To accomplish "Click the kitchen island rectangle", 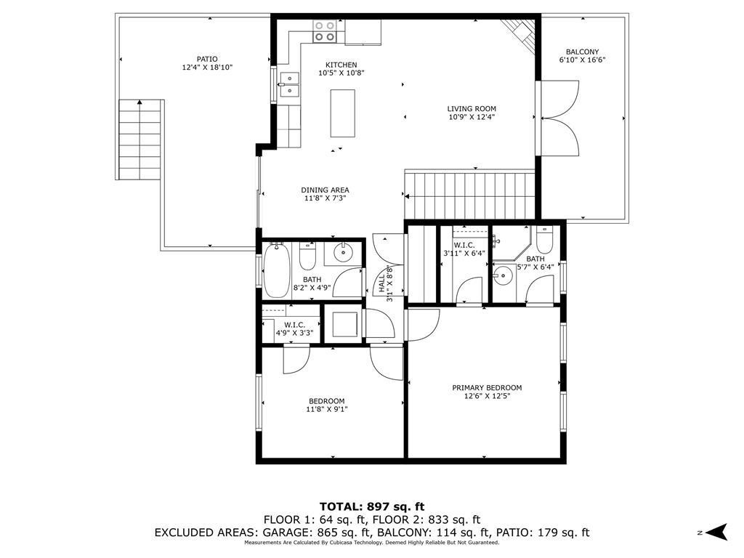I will point(342,113).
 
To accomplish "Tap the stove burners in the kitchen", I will point(325,31).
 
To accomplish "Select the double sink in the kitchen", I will point(289,84).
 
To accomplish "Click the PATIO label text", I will point(207,60).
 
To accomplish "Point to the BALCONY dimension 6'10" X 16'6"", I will point(582,60).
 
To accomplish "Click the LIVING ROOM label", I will point(472,109).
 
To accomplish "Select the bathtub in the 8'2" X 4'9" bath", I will point(277,270).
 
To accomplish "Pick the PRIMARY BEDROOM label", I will point(487,388).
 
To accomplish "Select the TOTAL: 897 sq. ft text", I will point(372,506).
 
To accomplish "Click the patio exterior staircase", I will point(139,139).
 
